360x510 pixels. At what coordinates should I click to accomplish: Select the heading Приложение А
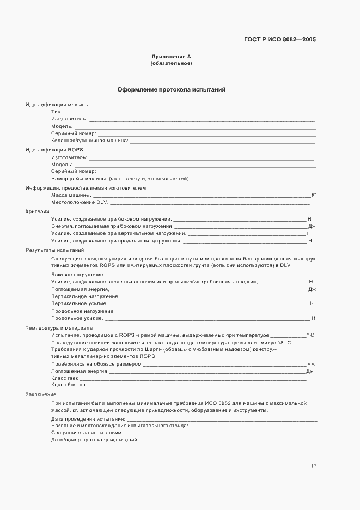coord(171,57)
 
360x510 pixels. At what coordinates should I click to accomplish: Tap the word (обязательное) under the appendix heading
coord(171,64)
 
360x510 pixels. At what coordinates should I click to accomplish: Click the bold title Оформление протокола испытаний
coord(171,89)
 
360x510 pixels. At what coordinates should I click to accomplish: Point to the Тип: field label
coord(57,111)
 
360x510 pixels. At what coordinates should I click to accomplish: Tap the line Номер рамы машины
coord(120,179)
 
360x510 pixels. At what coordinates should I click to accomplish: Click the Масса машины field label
coord(71,195)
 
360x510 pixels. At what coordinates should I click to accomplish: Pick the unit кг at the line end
coord(314,195)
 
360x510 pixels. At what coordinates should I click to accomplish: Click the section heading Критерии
coord(38,211)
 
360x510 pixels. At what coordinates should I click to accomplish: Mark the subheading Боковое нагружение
coord(77,274)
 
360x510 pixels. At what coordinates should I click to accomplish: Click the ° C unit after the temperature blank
coord(311,335)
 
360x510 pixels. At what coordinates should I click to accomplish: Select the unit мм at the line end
coord(312,363)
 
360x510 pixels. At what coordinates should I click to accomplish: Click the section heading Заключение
coord(41,394)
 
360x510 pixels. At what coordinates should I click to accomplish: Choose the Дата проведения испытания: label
coord(88,418)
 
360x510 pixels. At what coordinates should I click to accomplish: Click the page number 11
coord(313,466)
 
